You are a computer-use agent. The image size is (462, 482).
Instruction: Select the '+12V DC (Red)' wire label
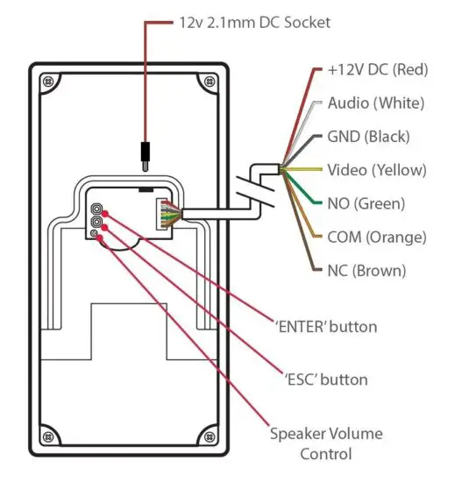click(376, 70)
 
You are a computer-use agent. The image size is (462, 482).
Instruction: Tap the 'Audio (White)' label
click(375, 103)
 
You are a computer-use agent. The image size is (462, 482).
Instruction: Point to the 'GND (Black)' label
click(368, 137)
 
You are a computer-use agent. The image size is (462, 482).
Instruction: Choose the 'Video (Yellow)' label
click(376, 170)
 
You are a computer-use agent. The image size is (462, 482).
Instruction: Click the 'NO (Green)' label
click(366, 203)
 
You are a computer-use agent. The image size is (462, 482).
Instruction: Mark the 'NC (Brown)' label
click(366, 270)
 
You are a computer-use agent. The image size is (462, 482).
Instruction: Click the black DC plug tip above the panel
click(144, 155)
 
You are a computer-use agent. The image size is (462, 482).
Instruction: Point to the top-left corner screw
click(45, 83)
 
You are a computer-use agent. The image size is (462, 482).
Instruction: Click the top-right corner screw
click(208, 83)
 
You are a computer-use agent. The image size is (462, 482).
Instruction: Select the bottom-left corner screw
click(45, 433)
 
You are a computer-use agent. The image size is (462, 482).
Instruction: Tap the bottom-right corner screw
click(208, 433)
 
